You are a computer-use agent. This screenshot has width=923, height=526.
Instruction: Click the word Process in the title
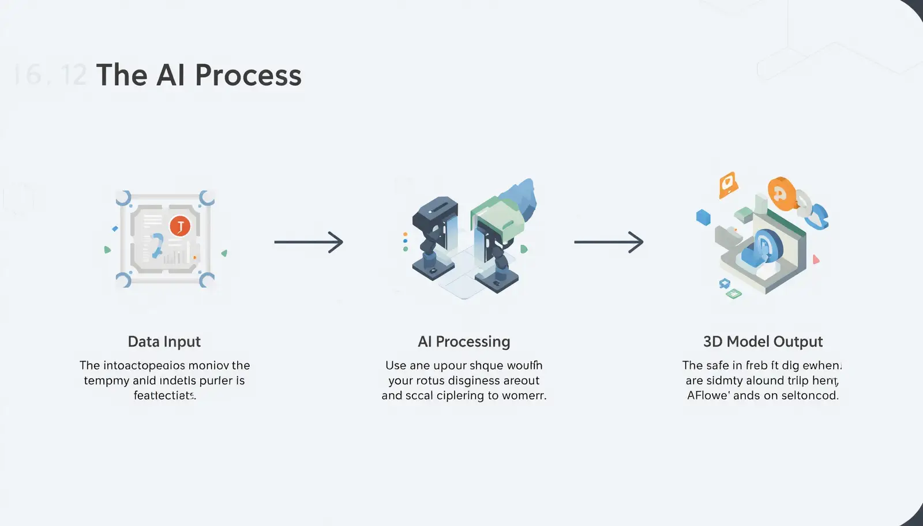point(248,76)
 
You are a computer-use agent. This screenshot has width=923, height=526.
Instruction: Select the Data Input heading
point(164,341)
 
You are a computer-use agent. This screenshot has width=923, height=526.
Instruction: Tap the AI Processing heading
point(464,341)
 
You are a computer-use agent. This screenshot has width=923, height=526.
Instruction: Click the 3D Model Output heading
point(763,341)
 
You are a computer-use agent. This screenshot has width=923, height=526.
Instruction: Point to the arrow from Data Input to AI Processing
point(308,242)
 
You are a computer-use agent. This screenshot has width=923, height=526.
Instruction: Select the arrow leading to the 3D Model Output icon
point(608,242)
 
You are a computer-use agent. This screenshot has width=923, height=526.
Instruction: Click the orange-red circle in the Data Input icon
point(180,226)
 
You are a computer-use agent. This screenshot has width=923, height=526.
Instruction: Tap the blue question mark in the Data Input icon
point(157,246)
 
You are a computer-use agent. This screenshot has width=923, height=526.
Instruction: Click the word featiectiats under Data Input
point(164,396)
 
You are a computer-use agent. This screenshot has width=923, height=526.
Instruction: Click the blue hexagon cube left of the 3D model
point(703,217)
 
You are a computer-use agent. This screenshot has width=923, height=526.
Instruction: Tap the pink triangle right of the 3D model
point(816,260)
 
